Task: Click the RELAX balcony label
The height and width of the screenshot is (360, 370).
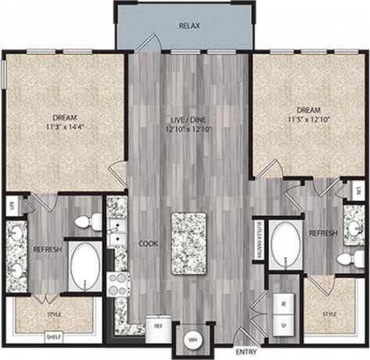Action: (189, 26)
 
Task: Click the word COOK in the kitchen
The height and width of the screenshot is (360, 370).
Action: (149, 243)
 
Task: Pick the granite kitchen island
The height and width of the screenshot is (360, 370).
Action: (189, 243)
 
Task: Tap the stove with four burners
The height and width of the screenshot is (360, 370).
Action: (118, 283)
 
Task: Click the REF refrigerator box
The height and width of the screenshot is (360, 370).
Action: (157, 324)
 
